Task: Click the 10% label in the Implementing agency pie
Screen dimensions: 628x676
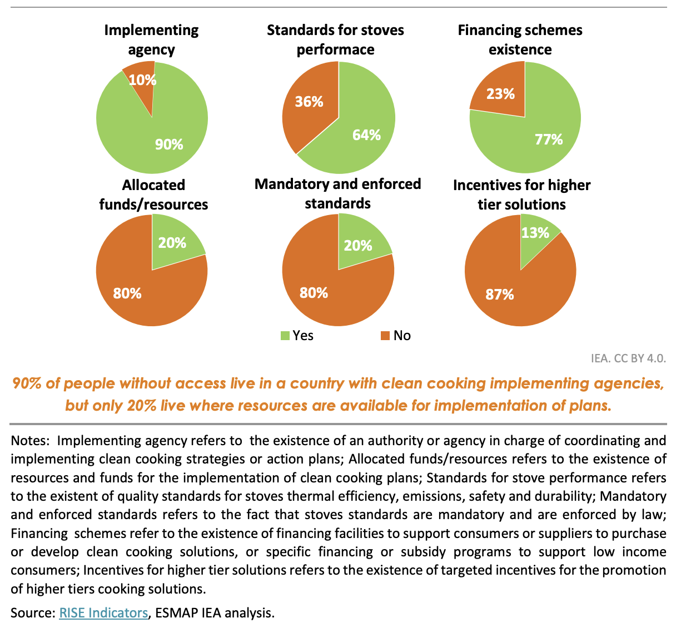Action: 143,80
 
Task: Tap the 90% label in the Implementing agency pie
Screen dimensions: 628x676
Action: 169,144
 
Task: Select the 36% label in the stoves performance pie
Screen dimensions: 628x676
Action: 309,102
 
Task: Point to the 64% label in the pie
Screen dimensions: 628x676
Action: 366,134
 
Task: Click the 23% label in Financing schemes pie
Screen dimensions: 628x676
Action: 500,94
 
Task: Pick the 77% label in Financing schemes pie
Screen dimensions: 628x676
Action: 549,139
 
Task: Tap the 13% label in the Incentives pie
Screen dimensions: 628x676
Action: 535,233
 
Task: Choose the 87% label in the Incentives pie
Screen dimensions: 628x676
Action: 499,295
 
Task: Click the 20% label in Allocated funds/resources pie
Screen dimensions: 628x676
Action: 172,243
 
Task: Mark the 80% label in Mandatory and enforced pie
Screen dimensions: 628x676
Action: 314,293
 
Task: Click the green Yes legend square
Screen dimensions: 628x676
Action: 285,336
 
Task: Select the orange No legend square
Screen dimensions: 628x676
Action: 385,336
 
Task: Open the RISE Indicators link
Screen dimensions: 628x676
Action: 103,613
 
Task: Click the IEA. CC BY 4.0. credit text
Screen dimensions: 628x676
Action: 628,358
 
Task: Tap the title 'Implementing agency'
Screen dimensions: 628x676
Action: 151,39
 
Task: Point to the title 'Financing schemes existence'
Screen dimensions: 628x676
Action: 520,39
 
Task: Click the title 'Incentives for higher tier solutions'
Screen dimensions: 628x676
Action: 521,195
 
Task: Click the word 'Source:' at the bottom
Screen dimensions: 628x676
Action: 33,613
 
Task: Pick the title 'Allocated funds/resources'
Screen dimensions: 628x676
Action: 153,195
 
